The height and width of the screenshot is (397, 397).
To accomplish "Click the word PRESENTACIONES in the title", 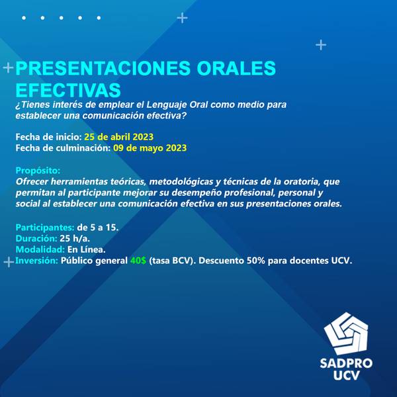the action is pos(103,68).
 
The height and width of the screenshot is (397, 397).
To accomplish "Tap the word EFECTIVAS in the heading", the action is pos(68,90).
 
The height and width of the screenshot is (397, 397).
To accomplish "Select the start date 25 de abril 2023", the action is pos(118,137).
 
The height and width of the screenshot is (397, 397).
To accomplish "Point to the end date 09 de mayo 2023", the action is pos(150,148).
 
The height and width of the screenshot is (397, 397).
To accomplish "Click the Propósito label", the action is pos(38,171).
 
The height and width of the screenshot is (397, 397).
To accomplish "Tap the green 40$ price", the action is pos(138,261).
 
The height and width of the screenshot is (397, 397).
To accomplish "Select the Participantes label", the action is pos(45,228).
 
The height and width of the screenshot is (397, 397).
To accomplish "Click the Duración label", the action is pos(36,238).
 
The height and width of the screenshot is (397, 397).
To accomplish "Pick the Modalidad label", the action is pos(40,249).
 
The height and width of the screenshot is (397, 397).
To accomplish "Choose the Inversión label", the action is pos(36,261).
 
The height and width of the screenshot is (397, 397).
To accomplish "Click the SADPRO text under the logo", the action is pos(346,363).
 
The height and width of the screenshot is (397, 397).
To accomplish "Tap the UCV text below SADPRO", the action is pos(346,375).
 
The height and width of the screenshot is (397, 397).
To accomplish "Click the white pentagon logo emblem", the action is pos(346,333).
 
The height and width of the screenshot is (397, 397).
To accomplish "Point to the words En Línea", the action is pos(86,249).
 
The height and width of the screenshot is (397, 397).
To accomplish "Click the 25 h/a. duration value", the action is pos(75,238).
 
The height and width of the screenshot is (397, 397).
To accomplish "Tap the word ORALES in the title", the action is pos(236,68).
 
